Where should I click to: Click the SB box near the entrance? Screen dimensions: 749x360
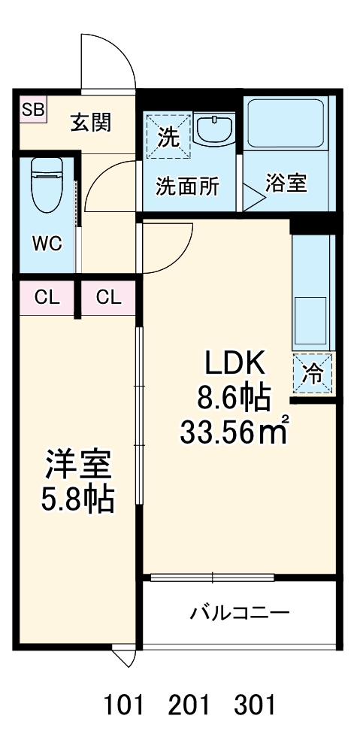coord(32,111)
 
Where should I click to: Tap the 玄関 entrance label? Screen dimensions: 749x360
coord(91,123)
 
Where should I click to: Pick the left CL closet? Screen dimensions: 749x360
coord(47,297)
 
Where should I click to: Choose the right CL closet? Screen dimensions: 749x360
coord(108,297)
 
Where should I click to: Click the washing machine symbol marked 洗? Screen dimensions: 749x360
coord(168,137)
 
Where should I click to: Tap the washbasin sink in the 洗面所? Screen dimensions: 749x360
coord(216,130)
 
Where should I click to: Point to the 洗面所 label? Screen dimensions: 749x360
coord(187,186)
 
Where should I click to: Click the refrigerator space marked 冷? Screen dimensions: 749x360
coord(313,372)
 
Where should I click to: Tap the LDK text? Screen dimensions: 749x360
coord(237,365)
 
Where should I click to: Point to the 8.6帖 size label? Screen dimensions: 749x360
coord(234,397)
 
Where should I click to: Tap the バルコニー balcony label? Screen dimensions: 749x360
coord(239,613)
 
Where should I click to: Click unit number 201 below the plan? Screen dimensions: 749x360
coord(189,706)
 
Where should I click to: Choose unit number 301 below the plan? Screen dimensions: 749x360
coord(254,706)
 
